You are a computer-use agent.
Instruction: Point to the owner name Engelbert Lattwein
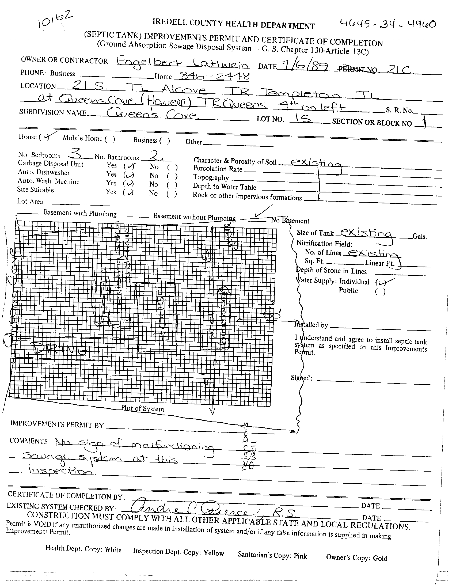[179, 64]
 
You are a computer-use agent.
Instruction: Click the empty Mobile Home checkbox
[110, 139]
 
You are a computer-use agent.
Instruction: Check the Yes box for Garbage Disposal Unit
[129, 166]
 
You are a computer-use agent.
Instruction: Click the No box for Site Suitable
[172, 194]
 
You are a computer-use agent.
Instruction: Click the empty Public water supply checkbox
[380, 291]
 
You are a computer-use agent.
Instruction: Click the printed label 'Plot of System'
[142, 408]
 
